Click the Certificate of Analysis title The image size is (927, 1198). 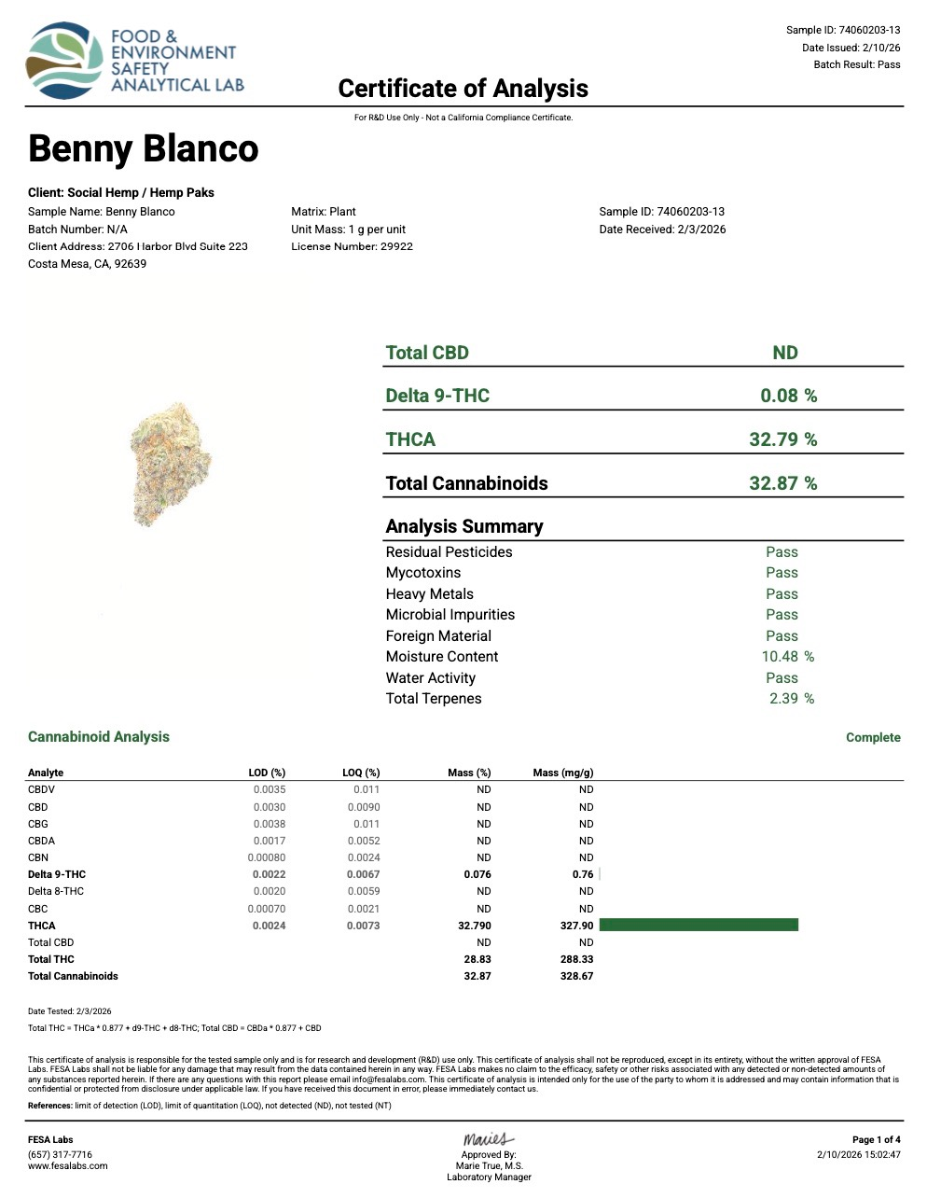click(x=463, y=89)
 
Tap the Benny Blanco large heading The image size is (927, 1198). click(x=144, y=149)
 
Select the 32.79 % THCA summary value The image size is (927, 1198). click(x=782, y=439)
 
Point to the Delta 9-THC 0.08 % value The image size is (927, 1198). click(x=788, y=396)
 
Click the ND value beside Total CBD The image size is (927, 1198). click(x=785, y=353)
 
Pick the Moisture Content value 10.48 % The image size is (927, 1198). click(x=787, y=657)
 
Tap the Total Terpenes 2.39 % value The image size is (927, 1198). click(x=791, y=699)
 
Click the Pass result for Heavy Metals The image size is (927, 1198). click(x=782, y=594)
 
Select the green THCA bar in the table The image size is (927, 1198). click(x=699, y=925)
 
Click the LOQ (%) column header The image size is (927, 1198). click(x=361, y=773)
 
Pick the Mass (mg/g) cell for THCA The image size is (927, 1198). click(x=576, y=926)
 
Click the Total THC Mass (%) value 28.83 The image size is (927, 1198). click(x=477, y=959)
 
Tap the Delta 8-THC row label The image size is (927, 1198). click(x=56, y=891)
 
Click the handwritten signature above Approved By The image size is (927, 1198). click(x=488, y=1139)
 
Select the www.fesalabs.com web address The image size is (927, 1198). click(x=67, y=1166)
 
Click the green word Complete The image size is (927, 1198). click(x=873, y=737)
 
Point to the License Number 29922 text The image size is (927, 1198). click(x=352, y=246)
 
